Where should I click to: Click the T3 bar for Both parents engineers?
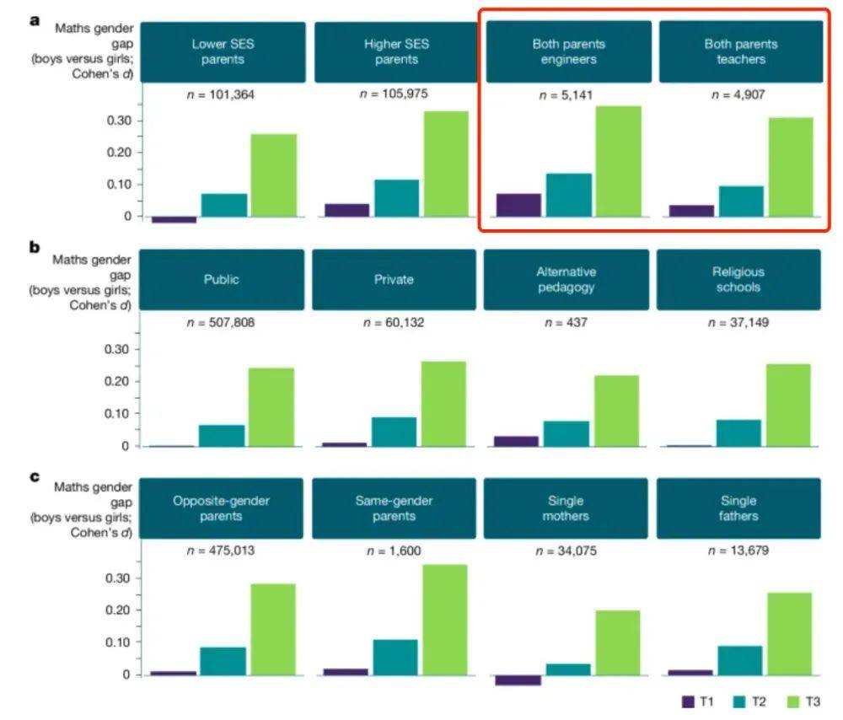click(618, 161)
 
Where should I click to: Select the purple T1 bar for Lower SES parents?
click(174, 219)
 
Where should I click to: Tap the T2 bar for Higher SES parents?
click(396, 197)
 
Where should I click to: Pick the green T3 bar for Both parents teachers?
click(791, 167)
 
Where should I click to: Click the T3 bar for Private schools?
click(443, 403)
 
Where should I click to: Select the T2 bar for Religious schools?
click(738, 433)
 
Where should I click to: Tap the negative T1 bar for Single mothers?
click(518, 680)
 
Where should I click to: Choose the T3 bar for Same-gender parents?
click(444, 619)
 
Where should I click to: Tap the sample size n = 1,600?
click(394, 551)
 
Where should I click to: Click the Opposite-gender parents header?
click(222, 508)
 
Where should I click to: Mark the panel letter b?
click(35, 248)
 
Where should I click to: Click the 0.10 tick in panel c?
click(119, 642)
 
